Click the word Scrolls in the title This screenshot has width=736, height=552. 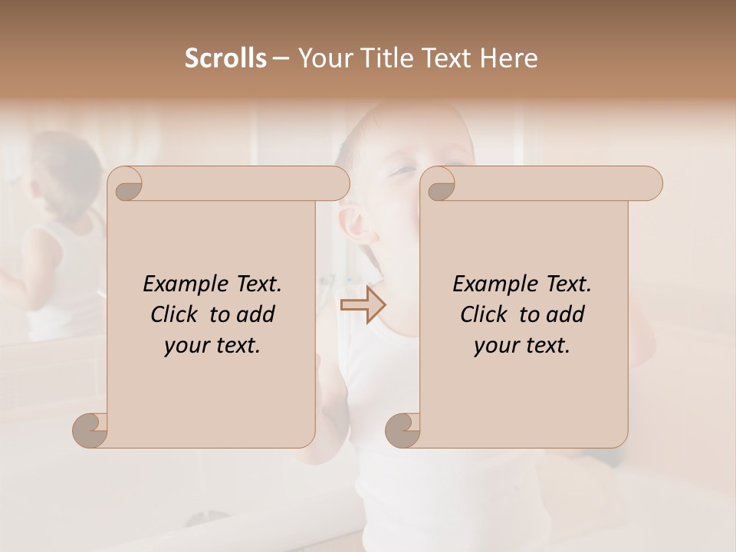tap(225, 58)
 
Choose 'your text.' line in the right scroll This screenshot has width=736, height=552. tap(522, 346)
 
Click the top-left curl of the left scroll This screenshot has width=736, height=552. tap(127, 184)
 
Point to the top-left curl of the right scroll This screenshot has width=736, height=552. tap(440, 184)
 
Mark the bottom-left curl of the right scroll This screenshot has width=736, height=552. tap(404, 430)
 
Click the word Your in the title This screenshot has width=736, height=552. tap(322, 58)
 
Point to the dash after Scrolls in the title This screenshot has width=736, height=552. tap(281, 59)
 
